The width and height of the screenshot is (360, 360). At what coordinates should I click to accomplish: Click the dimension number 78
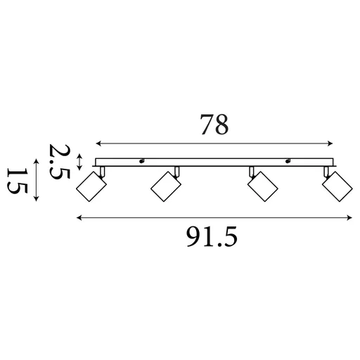214,124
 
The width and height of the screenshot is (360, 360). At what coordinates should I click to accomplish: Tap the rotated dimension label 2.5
59,162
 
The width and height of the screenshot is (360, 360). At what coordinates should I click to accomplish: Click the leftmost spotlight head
90,187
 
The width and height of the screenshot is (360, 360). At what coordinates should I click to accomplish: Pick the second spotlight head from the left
166,186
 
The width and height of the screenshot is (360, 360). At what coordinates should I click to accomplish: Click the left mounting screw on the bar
142,160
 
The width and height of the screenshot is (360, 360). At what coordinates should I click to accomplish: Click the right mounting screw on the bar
288,160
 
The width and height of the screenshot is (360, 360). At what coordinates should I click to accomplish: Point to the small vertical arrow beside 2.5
79,162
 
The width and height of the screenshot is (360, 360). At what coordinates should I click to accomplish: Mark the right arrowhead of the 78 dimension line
331,141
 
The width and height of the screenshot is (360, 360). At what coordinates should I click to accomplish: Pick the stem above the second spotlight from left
177,171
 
